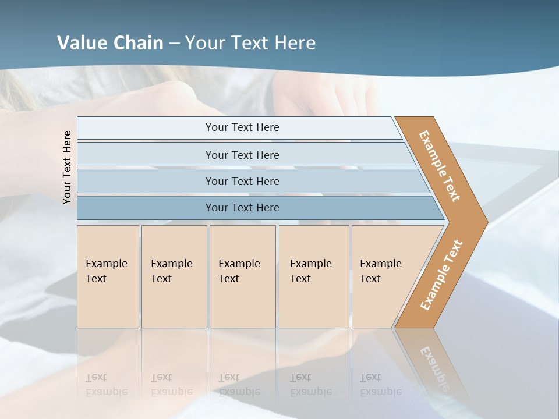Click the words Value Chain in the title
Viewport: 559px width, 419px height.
[x=110, y=43]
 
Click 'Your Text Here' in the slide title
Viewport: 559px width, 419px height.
[x=250, y=43]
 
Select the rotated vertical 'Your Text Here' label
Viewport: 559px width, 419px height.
[x=68, y=168]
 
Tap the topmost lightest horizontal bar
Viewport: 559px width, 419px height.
[x=242, y=127]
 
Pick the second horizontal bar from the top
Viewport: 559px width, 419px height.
[x=242, y=155]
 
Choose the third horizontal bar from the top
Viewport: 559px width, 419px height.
[x=242, y=181]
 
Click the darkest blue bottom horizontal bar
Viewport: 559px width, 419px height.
[x=242, y=208]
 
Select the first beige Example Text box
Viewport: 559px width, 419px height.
[x=108, y=276]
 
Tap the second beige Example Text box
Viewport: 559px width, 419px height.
[x=174, y=276]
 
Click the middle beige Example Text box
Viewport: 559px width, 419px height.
[x=242, y=276]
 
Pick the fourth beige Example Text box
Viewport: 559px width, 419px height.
[x=314, y=276]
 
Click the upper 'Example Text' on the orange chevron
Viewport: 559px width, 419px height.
[x=440, y=166]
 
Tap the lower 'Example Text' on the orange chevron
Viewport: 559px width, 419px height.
[x=441, y=275]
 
